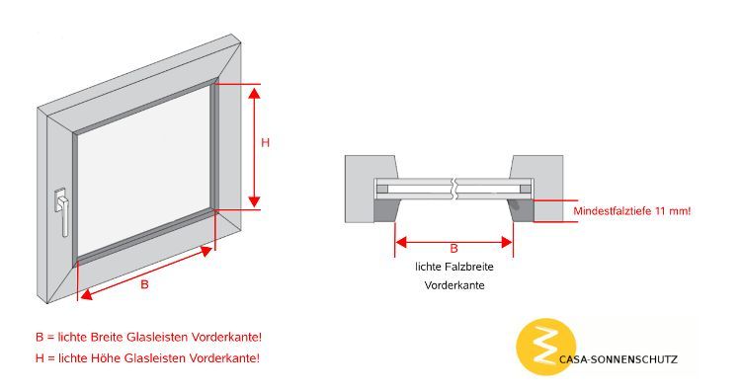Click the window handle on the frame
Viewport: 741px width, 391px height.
click(x=62, y=210)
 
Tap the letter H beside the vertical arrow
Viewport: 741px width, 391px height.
click(x=265, y=142)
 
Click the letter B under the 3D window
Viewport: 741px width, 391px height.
click(x=144, y=284)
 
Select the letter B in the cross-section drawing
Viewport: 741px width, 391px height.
click(x=453, y=249)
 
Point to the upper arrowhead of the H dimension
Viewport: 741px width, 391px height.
click(x=254, y=93)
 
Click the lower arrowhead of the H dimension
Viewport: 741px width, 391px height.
click(x=254, y=201)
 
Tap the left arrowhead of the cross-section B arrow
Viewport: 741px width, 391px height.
click(x=401, y=242)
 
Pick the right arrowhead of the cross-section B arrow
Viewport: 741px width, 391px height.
click(x=507, y=242)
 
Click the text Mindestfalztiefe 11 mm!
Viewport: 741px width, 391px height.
click(x=632, y=211)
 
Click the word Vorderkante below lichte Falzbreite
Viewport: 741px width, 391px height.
click(x=454, y=285)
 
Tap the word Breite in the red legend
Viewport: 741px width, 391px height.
click(x=107, y=337)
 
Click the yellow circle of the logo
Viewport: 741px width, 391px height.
click(x=545, y=348)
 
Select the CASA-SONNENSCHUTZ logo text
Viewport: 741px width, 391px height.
click(x=618, y=359)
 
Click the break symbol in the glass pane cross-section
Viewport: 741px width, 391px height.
click(x=454, y=189)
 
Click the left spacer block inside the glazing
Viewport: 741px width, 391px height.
click(x=382, y=189)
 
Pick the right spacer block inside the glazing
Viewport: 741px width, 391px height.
click(x=525, y=189)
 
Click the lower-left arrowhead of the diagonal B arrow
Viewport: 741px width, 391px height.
click(x=87, y=294)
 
